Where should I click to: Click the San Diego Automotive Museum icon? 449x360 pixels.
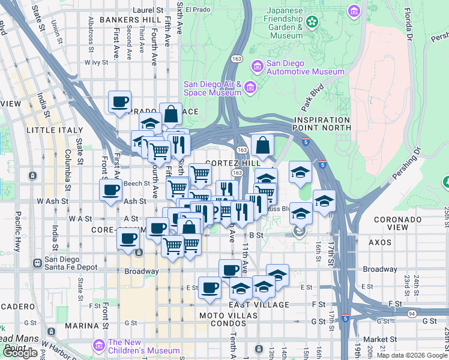pos(257,65)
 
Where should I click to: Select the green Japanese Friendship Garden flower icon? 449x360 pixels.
pos(312,23)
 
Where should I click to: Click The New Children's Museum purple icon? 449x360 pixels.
pos(98,346)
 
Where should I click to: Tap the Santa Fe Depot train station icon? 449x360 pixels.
pos(37,262)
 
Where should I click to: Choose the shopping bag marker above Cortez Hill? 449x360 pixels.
pos(263,145)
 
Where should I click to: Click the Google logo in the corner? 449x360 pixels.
pos(20,353)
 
